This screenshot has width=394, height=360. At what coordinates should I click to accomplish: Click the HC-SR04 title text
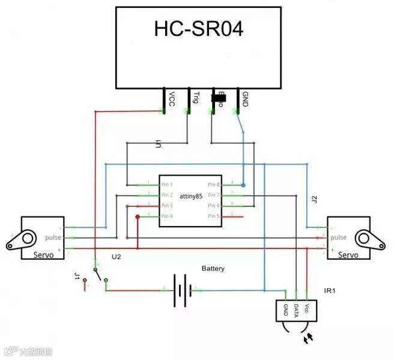point(199,29)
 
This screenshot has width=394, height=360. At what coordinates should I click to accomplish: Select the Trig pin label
point(196,97)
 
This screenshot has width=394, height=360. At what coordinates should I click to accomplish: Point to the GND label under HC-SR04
point(244,98)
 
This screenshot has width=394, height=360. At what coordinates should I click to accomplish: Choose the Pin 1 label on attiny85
point(167,184)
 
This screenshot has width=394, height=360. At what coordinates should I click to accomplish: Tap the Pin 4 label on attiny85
point(167,216)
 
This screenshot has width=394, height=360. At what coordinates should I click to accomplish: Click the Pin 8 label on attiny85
point(215,184)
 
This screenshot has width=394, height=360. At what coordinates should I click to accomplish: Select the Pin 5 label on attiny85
point(215,216)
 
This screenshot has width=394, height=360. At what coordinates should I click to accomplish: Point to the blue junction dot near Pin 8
point(243,184)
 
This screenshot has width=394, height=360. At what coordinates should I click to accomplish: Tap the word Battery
point(213,268)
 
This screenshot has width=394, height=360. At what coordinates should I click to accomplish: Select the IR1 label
point(329,291)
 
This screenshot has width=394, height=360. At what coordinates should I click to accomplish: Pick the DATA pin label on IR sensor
point(297,310)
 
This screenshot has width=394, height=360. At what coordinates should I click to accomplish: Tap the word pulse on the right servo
point(339,238)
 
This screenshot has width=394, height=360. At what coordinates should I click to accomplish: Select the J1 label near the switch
point(77,277)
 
